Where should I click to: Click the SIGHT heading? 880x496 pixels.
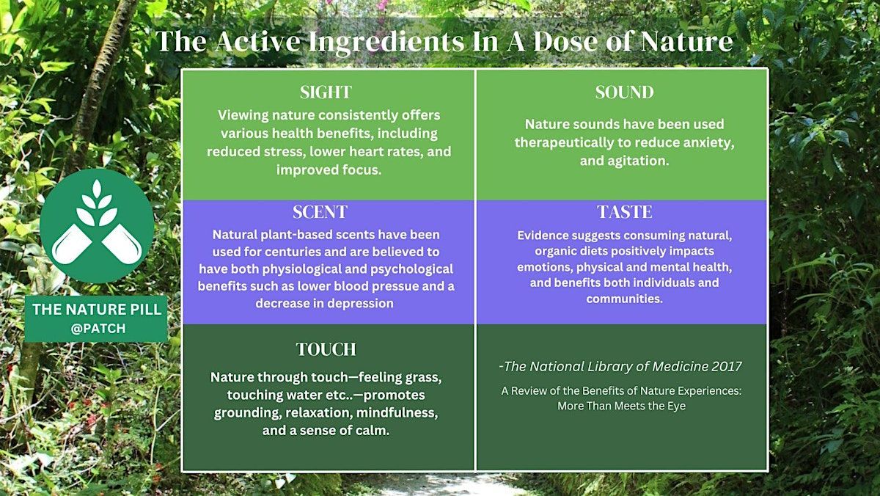pyautogui.click(x=326, y=92)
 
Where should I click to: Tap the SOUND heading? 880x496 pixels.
pyautogui.click(x=624, y=92)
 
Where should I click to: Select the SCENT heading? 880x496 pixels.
pyautogui.click(x=320, y=212)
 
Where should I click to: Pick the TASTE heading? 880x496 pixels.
pyautogui.click(x=625, y=212)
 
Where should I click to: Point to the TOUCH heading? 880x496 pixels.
pyautogui.click(x=326, y=349)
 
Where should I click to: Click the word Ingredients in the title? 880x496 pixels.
pyautogui.click(x=386, y=42)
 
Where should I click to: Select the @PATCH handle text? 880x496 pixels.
pyautogui.click(x=98, y=329)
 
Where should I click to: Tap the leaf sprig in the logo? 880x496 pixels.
pyautogui.click(x=97, y=203)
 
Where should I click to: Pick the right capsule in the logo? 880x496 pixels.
pyautogui.click(x=122, y=245)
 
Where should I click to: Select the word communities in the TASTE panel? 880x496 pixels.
pyautogui.click(x=624, y=299)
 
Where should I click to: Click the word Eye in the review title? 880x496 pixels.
pyautogui.click(x=676, y=406)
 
